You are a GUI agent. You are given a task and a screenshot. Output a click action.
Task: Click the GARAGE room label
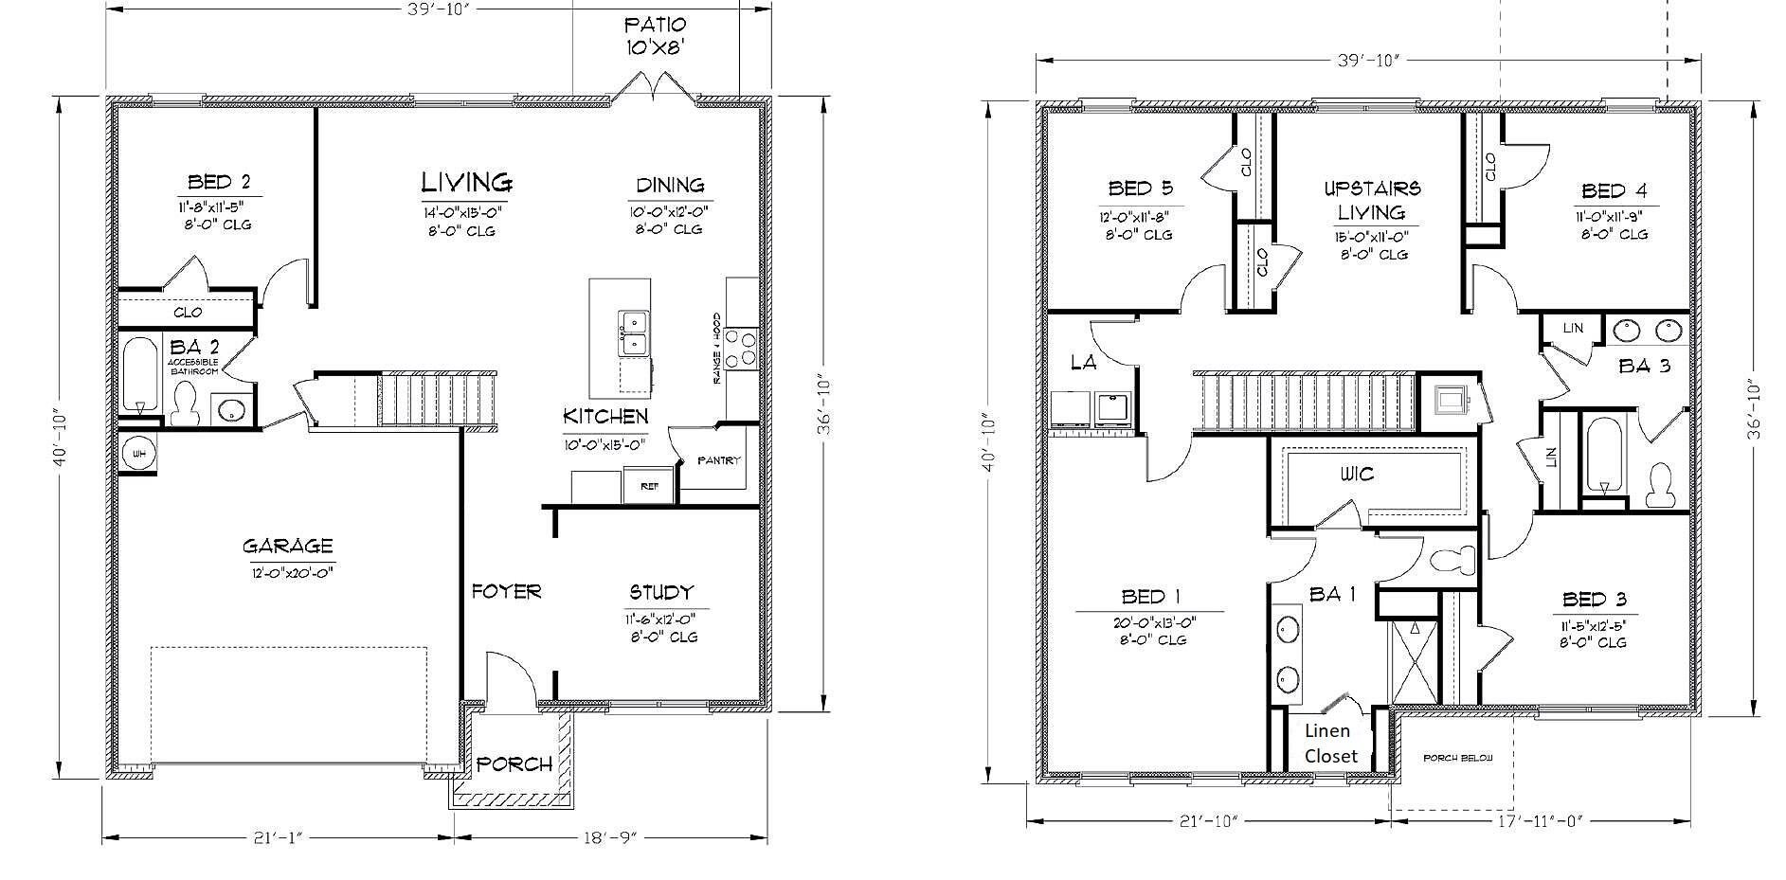pos(287,547)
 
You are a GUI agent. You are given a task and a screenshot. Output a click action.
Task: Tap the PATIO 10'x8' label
pos(655,35)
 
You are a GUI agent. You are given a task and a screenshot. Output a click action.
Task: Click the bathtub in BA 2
pos(140,373)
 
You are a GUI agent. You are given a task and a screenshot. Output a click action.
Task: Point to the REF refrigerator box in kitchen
pos(649,486)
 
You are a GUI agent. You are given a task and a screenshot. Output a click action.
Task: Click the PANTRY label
pos(718,461)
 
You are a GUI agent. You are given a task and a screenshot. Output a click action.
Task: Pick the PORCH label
pos(514,763)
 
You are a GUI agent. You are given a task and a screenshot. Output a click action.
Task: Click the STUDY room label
pos(661,593)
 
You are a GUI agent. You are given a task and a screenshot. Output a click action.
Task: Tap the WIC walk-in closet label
pos(1356,474)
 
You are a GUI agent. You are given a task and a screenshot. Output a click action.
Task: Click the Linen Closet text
pos(1330,744)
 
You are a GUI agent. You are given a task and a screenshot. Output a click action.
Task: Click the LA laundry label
pos(1083,363)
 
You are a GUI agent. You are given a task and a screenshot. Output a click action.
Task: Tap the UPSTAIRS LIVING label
pos(1371,200)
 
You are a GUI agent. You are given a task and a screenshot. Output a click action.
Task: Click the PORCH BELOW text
pos(1457,759)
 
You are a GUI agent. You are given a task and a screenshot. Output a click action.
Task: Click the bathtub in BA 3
pos(1603,457)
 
